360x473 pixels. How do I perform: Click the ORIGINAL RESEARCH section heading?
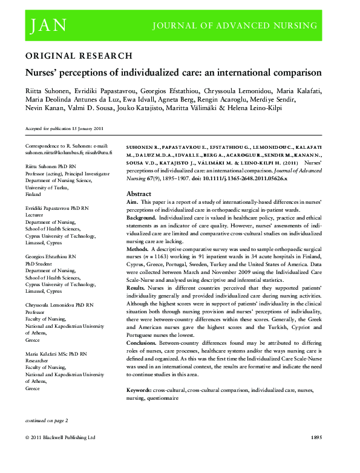click(79, 56)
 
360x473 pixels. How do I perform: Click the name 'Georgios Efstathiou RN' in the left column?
click(51, 256)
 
